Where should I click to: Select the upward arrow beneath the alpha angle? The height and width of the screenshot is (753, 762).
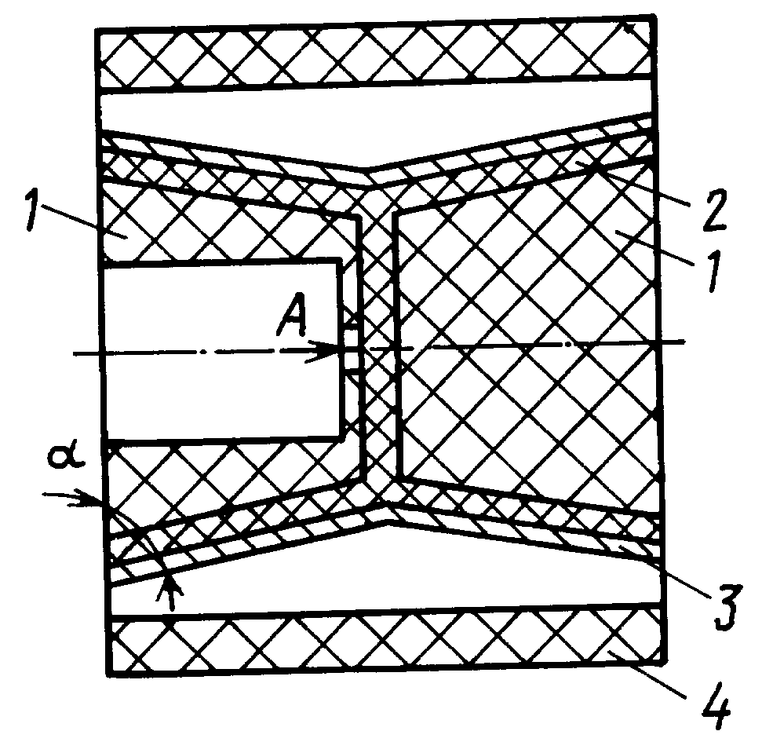coord(169,591)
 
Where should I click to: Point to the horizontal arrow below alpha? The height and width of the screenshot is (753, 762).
coord(73,499)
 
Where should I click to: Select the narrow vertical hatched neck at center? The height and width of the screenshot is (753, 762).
coord(380,346)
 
